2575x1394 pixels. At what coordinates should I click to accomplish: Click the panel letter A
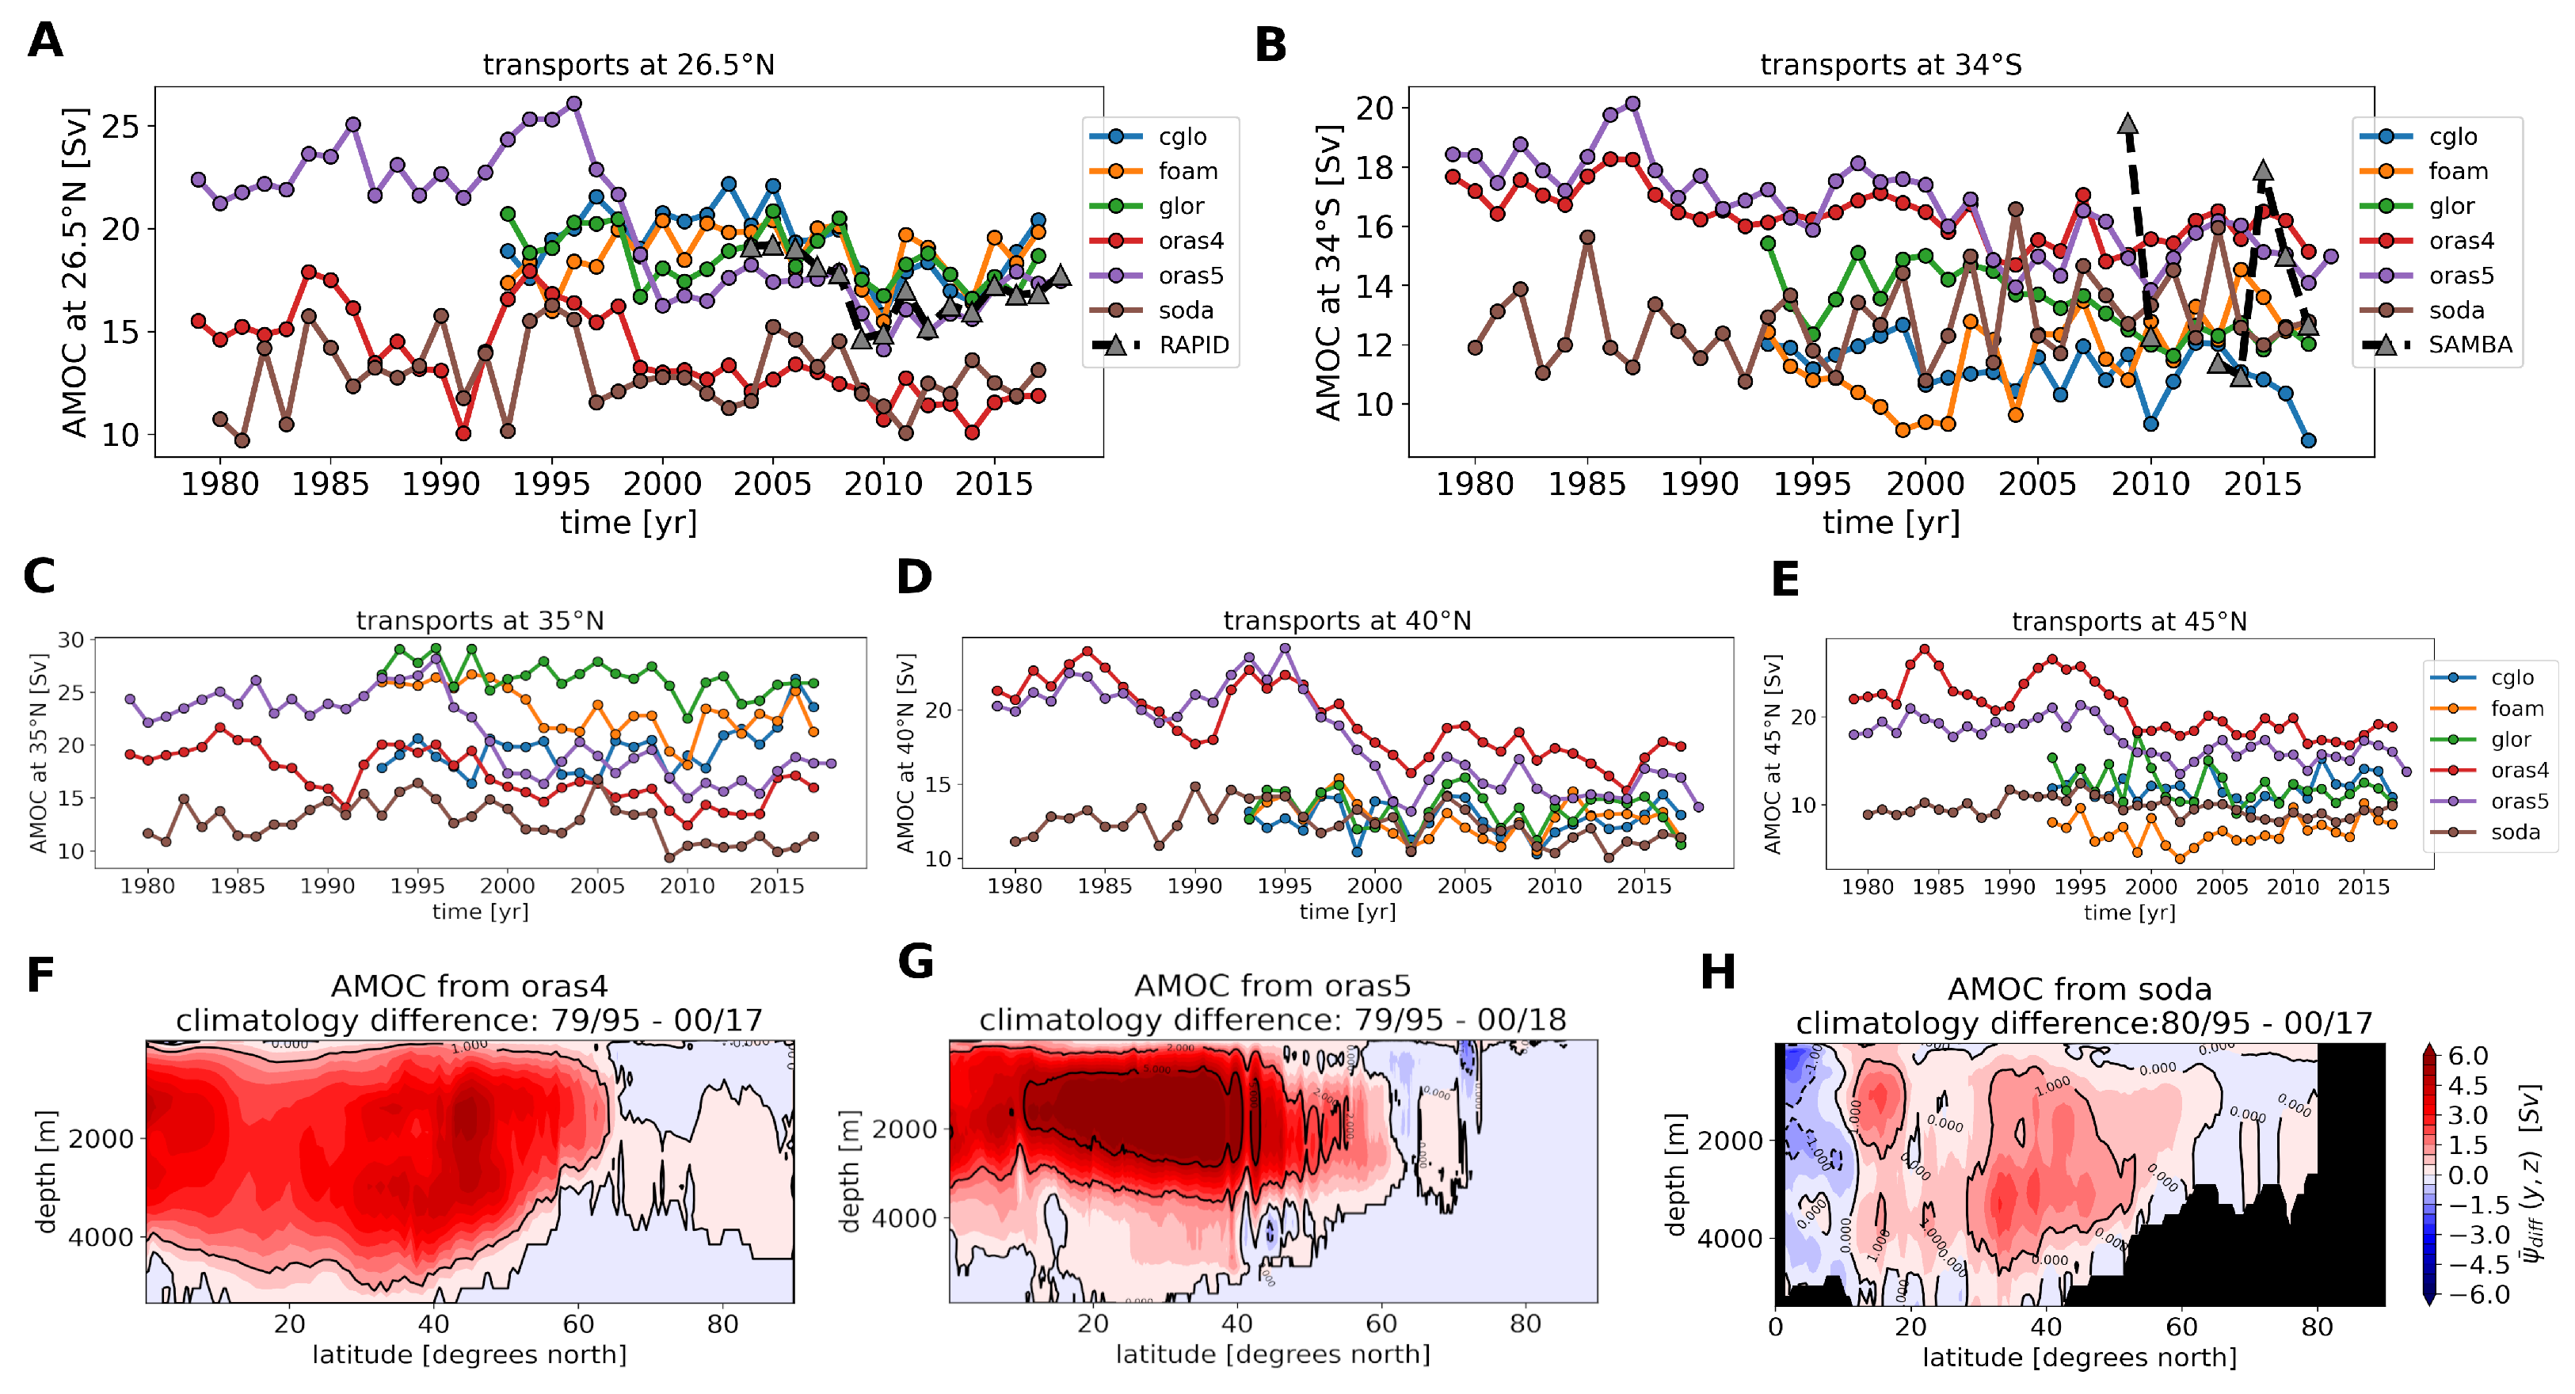[45, 41]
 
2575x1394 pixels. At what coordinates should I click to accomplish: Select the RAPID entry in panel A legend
[1193, 345]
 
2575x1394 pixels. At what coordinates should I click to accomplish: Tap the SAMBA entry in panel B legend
[2469, 345]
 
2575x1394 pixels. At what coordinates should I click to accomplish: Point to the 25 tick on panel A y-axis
[120, 127]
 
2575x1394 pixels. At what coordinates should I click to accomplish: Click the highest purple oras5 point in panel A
[573, 104]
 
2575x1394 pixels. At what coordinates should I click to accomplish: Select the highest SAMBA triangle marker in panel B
[2127, 124]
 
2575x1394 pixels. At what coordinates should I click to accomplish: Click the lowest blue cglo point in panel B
[2308, 440]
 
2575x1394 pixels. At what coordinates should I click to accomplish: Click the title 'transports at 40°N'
[1347, 620]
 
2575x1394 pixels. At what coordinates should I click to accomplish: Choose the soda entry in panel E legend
[2514, 832]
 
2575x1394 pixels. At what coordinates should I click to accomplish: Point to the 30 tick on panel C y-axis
[70, 639]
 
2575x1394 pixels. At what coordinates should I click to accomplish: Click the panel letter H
[1717, 973]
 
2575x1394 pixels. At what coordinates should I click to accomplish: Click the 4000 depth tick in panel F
[100, 1237]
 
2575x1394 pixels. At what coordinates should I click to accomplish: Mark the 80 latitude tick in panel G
[1525, 1324]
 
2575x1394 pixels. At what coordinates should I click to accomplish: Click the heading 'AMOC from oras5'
[1271, 986]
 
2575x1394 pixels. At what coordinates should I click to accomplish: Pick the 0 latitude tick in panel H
[1775, 1327]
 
